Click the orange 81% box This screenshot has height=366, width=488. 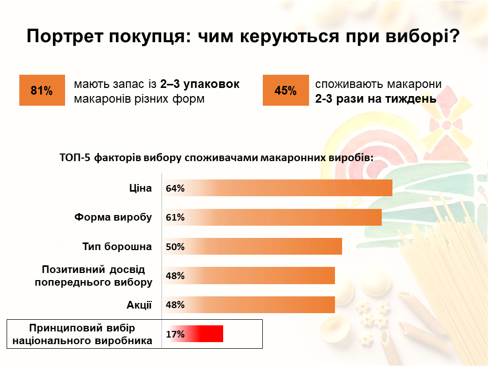click(42, 90)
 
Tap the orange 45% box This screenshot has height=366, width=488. click(285, 90)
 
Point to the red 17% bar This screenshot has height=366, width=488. click(194, 334)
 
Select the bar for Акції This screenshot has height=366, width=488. click(249, 305)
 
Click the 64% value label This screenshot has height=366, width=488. click(175, 189)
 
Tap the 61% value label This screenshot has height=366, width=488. click(175, 218)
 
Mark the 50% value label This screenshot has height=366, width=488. click(175, 247)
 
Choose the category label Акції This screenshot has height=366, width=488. click(139, 305)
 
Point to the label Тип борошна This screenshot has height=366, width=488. click(117, 247)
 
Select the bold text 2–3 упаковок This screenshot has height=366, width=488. click(199, 84)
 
